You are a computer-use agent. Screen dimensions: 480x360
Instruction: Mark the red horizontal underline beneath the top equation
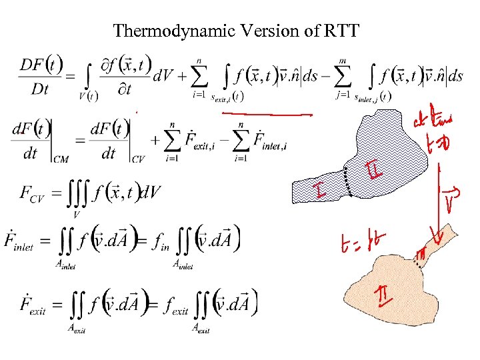click(267, 115)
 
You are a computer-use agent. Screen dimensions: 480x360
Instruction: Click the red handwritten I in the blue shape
click(321, 193)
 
